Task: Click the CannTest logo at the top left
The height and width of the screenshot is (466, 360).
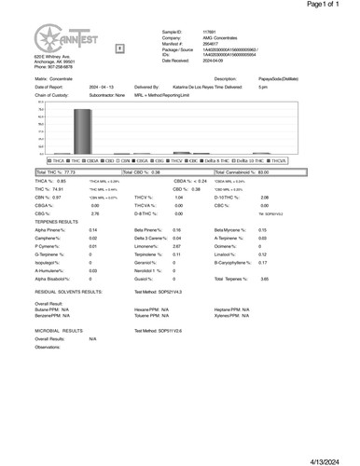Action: (56, 43)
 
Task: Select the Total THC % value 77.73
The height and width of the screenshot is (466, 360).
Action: (67, 172)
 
